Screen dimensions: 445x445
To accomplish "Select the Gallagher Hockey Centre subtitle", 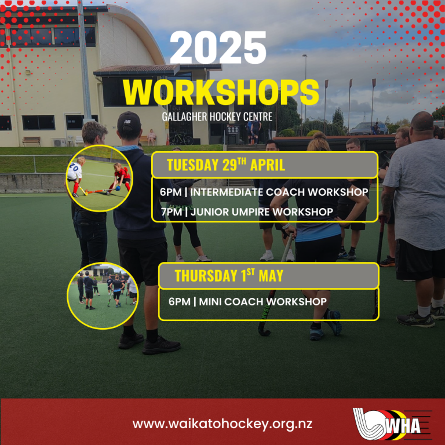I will [217, 117].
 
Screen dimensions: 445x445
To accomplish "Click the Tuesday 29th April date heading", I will [226, 165].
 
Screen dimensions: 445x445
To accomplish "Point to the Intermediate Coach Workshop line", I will [264, 192].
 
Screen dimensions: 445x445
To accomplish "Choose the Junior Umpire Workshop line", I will [247, 211].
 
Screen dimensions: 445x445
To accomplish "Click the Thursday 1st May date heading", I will [229, 276].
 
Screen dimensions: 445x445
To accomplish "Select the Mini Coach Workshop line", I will [247, 302].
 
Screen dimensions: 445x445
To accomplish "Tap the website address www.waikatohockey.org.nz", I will [222, 424].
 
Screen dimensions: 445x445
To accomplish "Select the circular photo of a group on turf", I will [103, 296].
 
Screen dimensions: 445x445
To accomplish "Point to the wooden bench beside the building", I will [31, 141].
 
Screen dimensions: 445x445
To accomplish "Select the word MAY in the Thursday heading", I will [271, 276].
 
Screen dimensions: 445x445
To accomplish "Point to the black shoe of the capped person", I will [161, 345].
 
